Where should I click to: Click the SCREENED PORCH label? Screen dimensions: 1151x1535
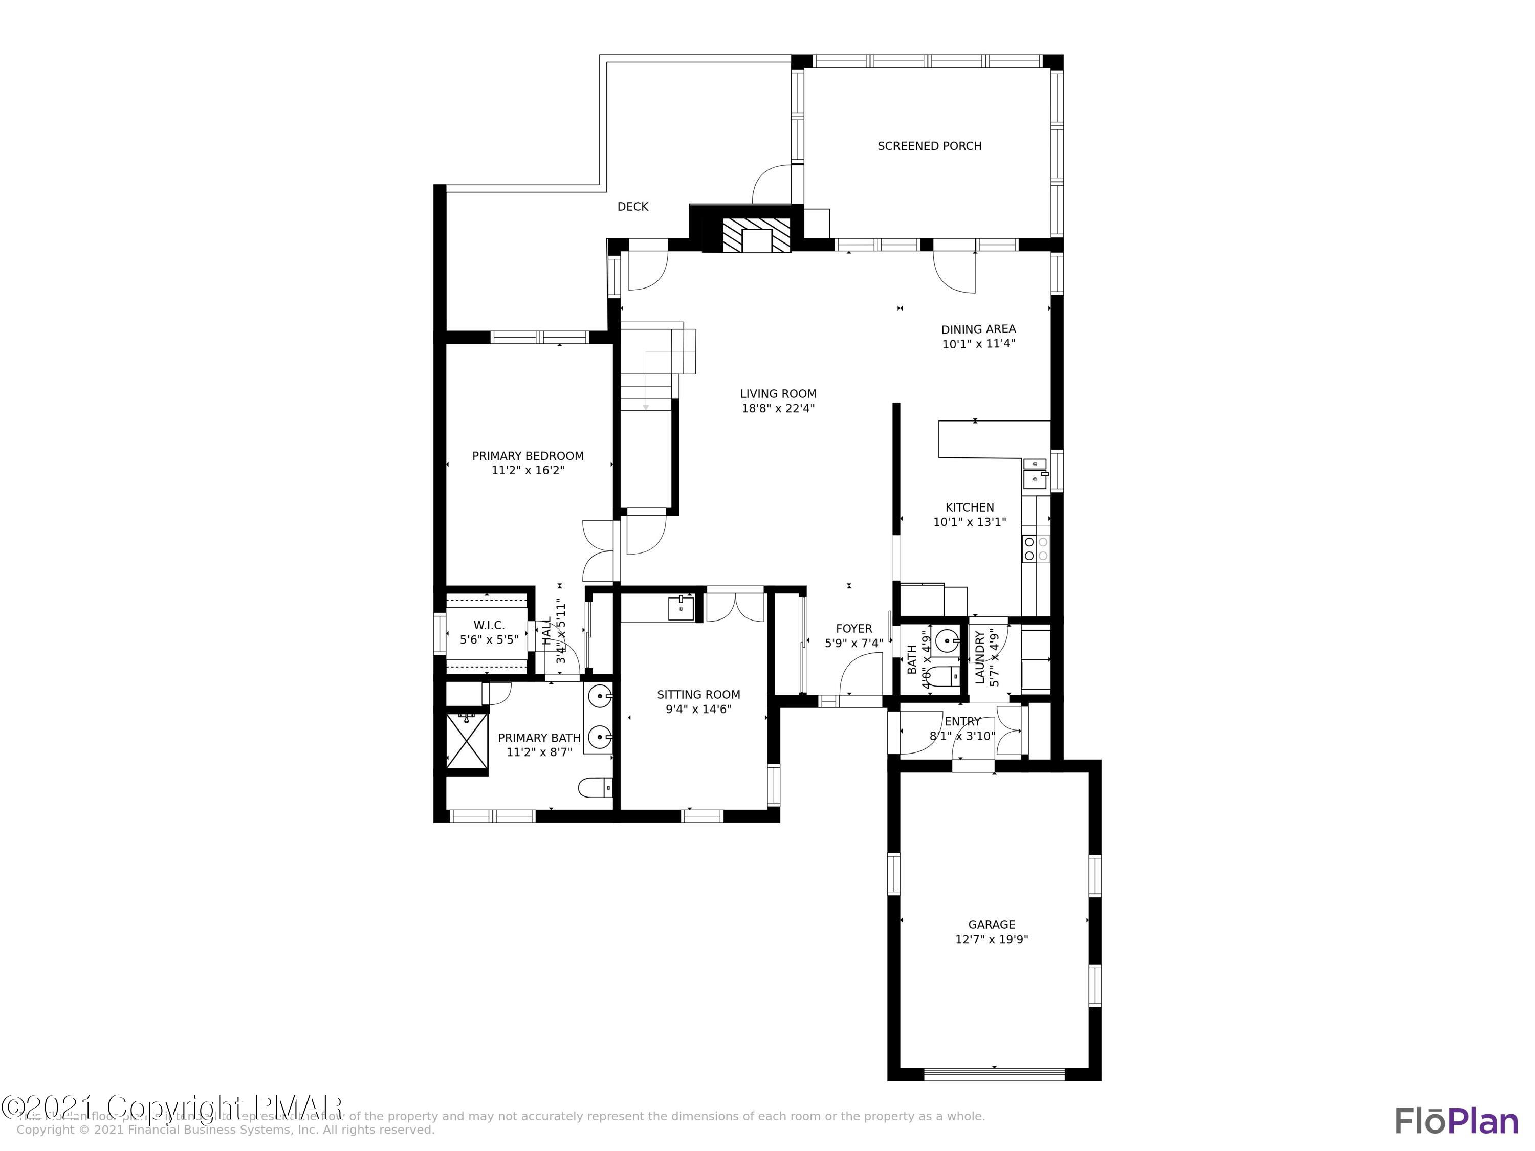pos(929,146)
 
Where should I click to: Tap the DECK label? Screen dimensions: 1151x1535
pos(632,207)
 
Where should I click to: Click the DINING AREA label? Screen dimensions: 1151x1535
pos(978,329)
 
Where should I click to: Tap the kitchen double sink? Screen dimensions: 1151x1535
pos(1035,472)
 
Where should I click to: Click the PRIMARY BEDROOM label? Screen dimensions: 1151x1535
pos(528,456)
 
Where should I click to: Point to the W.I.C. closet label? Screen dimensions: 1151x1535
pos(489,625)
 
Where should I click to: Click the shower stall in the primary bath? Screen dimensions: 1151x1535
pos(466,741)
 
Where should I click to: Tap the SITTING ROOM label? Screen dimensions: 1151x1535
pos(698,695)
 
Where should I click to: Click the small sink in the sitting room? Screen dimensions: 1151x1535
pos(681,608)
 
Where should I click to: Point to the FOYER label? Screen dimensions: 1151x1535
pos(853,629)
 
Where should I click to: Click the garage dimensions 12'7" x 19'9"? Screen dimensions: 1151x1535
pos(991,939)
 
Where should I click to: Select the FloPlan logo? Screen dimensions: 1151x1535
pos(1456,1121)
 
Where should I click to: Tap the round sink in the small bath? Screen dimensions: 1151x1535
pos(947,643)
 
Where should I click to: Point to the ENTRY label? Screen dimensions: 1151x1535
pos(962,721)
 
